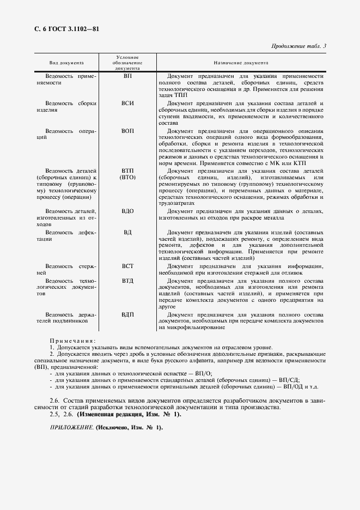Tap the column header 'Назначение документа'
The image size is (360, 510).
(241, 63)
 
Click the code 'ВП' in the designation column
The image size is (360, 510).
(127, 76)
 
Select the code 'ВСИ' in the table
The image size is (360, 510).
(127, 103)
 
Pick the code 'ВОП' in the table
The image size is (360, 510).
(127, 131)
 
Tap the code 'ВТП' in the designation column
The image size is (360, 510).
(127, 171)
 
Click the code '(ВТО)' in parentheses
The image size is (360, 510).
(127, 177)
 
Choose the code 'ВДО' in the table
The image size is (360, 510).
(127, 211)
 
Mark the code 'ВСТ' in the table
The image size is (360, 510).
(127, 266)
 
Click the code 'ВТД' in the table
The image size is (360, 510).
(127, 281)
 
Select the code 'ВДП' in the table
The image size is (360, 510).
(127, 314)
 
